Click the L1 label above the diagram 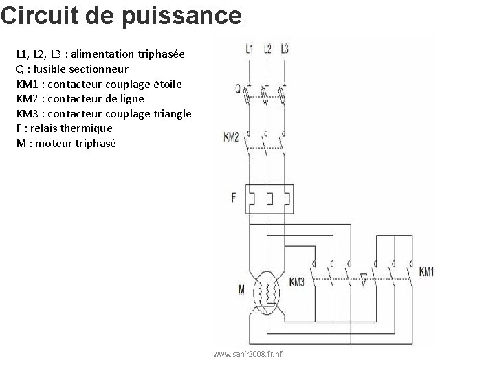tap(249, 48)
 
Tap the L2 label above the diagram tap(267, 48)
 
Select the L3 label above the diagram tap(284, 48)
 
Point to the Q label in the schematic tap(238, 88)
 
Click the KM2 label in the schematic tap(231, 137)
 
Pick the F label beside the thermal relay tap(234, 198)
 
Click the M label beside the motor tap(241, 290)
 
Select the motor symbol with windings tap(266, 291)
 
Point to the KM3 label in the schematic tap(297, 282)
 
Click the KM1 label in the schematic tap(426, 271)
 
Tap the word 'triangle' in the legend tap(173, 113)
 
